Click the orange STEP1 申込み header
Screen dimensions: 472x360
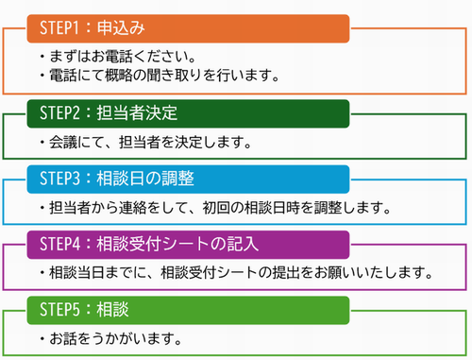[189, 26]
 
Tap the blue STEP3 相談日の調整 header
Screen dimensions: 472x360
[189, 179]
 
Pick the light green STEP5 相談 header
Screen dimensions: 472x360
[189, 309]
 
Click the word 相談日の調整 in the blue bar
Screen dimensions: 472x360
[145, 179]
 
